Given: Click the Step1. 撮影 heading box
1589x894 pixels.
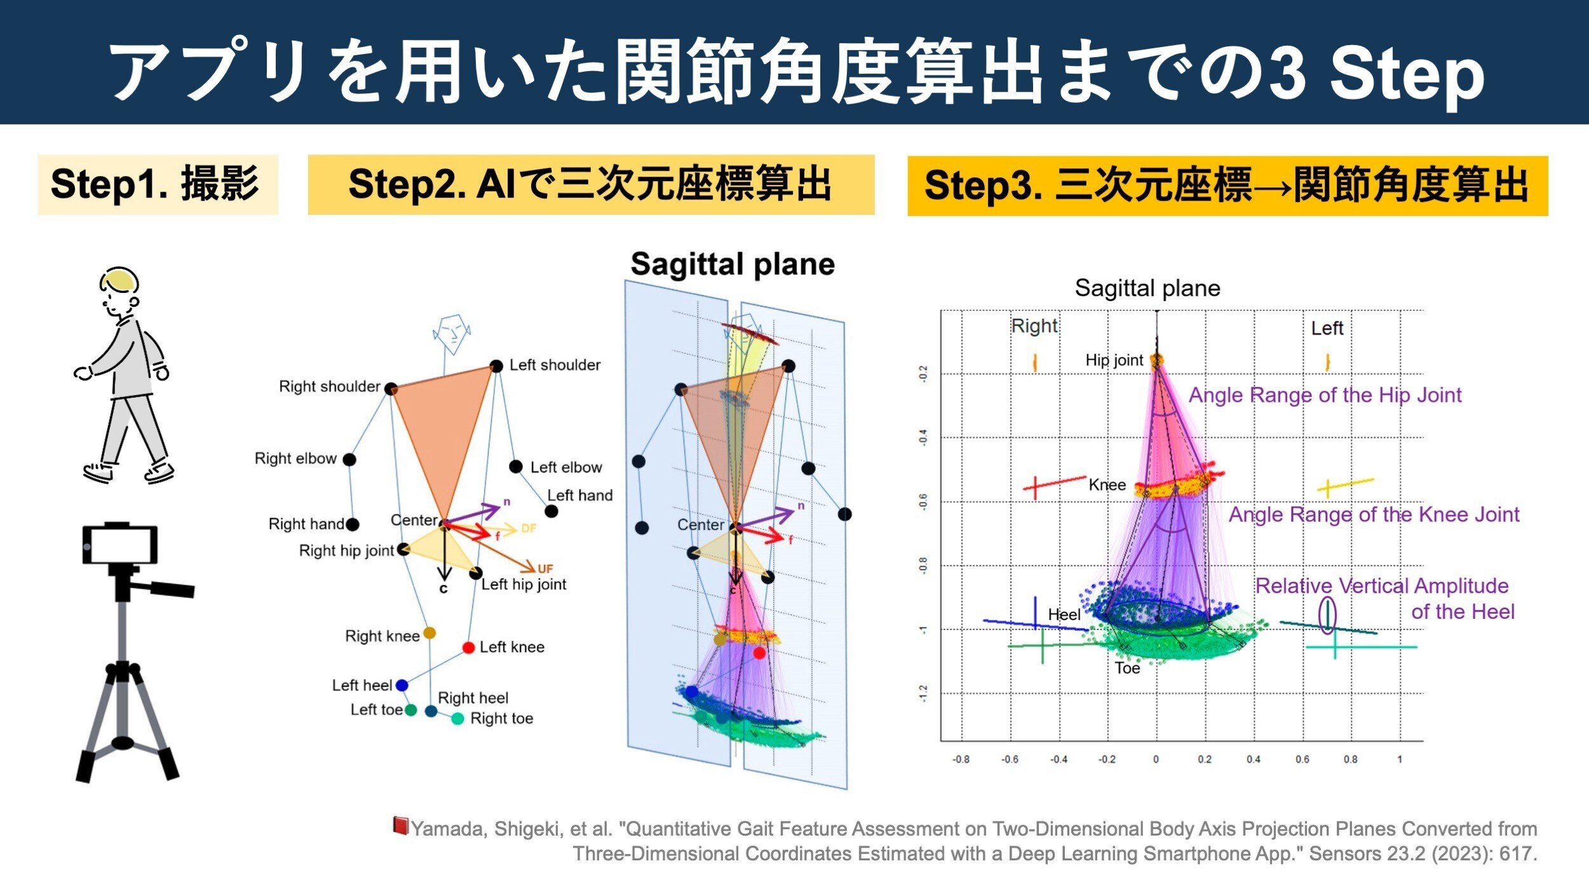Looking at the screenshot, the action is [158, 184].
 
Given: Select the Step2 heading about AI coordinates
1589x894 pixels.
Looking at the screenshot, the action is [590, 184].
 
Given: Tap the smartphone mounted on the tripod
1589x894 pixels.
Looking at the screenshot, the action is [120, 545].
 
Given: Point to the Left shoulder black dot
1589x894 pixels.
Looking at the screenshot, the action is [496, 365].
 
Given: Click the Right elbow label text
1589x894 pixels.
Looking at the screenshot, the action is [295, 458].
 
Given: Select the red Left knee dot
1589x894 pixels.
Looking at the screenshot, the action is [469, 647].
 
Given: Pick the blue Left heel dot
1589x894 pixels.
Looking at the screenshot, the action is [402, 686].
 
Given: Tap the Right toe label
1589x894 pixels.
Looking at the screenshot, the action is [501, 718].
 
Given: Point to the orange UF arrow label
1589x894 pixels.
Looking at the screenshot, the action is [545, 569].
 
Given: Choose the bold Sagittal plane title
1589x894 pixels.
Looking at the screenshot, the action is [732, 264].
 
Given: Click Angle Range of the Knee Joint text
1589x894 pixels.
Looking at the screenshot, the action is [1374, 514].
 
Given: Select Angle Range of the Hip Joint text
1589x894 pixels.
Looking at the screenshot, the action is [1325, 395].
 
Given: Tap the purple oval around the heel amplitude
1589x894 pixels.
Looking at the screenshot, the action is [1327, 614].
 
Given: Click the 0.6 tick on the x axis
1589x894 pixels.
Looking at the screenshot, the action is [1302, 759].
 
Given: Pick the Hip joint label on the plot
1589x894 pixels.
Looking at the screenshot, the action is [1114, 360].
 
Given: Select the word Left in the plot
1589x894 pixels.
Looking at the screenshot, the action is [1327, 328].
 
